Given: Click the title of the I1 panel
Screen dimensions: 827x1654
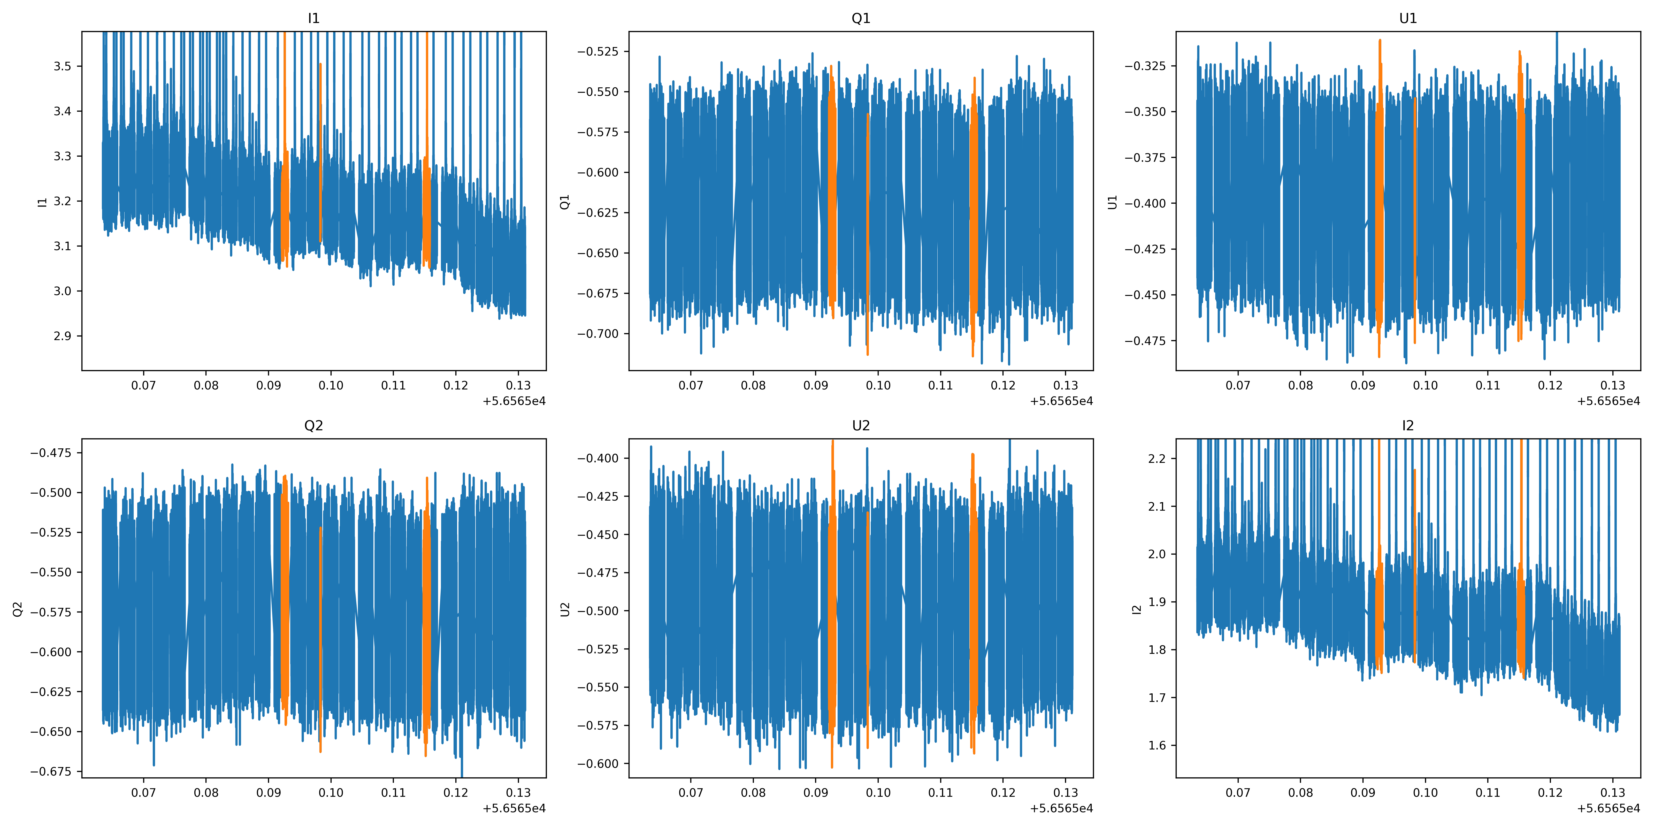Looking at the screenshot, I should (x=313, y=18).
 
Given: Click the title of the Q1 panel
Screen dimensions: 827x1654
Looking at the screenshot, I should (x=860, y=18).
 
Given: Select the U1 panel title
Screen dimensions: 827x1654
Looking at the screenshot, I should (x=1407, y=18).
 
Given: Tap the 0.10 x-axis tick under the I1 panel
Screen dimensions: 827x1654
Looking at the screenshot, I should (x=331, y=385).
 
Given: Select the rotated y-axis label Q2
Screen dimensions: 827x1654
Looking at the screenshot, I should (x=18, y=609).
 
